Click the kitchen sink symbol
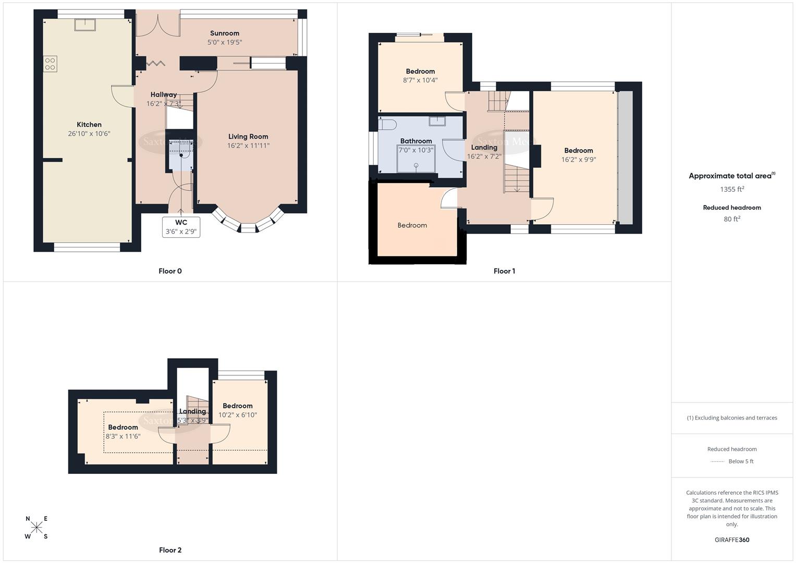click(83, 25)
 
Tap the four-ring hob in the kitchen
click(50, 64)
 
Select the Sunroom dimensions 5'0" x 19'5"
click(225, 42)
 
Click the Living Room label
click(248, 137)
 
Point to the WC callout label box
click(181, 227)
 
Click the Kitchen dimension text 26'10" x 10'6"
click(89, 133)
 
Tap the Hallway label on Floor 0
click(164, 94)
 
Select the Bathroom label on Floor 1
click(416, 141)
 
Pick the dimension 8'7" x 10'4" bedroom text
click(420, 80)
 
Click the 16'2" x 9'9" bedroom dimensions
click(579, 160)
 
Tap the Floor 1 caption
click(504, 271)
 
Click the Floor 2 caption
click(170, 550)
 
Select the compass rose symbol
click(36, 528)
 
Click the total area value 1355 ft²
click(732, 189)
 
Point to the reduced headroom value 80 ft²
click(732, 219)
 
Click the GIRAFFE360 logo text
click(732, 540)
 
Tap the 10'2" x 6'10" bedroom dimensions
click(238, 415)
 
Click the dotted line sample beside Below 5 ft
click(717, 461)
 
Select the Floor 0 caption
click(170, 271)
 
